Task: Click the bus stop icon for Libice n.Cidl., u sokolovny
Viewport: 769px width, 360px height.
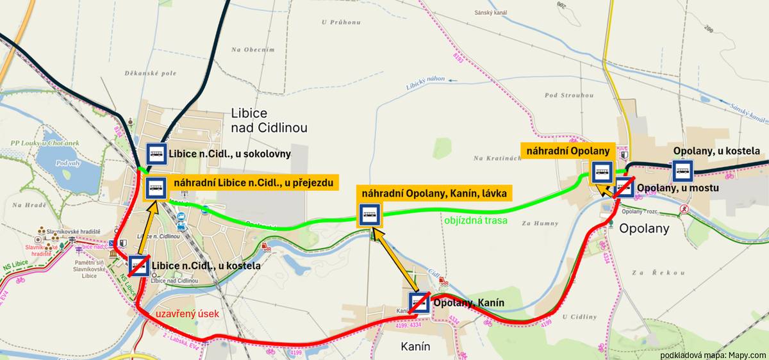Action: click(156, 154)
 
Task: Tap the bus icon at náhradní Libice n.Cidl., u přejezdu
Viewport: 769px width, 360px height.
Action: click(156, 188)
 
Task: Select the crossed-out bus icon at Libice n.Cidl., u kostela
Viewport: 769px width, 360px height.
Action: click(139, 265)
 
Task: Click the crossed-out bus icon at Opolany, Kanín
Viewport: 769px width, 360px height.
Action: click(419, 302)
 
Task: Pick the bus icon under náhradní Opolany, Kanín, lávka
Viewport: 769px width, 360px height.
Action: click(370, 215)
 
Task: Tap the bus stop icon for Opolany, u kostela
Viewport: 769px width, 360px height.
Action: click(682, 171)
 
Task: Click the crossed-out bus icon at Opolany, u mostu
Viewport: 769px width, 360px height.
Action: click(624, 188)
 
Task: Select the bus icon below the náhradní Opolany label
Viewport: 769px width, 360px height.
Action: click(601, 172)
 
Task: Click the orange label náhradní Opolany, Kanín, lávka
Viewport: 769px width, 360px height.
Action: click(434, 192)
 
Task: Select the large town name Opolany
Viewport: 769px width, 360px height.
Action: click(644, 228)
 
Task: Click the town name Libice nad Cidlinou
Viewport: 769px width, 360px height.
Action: click(269, 120)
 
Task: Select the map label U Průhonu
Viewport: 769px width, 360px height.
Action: click(341, 22)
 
